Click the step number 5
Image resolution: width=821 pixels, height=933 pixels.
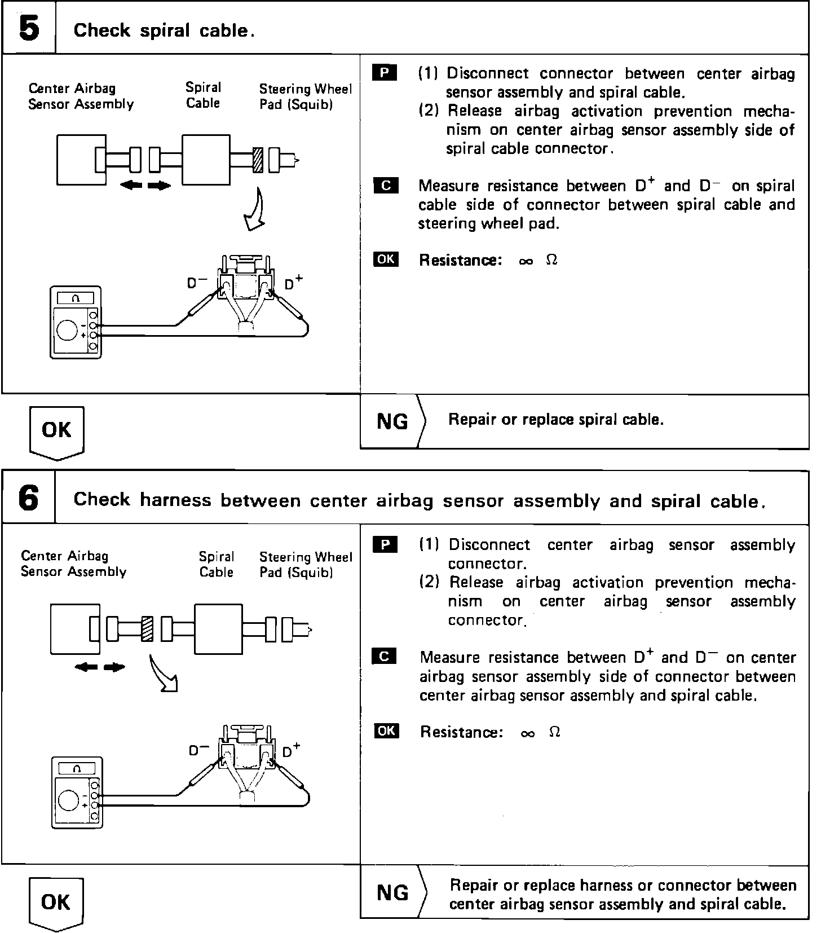[29, 28]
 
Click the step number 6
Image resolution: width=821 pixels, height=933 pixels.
[29, 499]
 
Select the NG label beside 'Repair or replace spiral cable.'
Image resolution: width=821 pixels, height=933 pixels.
[392, 421]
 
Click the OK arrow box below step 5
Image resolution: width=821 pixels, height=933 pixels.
[56, 432]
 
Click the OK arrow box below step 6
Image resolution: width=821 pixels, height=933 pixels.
[56, 903]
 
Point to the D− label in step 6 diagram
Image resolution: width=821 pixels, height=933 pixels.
[199, 751]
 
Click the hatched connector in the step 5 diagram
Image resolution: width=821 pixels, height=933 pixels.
[258, 160]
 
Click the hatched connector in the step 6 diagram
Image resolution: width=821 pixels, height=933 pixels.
[147, 629]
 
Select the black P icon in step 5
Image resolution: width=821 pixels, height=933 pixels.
[385, 73]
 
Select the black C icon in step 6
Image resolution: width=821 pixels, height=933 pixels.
[385, 657]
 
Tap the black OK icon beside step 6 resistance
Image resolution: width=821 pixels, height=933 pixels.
[386, 731]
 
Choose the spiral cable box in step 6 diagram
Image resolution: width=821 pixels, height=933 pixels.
[218, 629]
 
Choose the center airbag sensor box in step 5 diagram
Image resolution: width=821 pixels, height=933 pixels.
[81, 160]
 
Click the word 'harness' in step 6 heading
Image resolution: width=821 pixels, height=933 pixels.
[175, 500]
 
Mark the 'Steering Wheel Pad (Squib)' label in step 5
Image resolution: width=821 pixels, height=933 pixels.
[305, 96]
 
